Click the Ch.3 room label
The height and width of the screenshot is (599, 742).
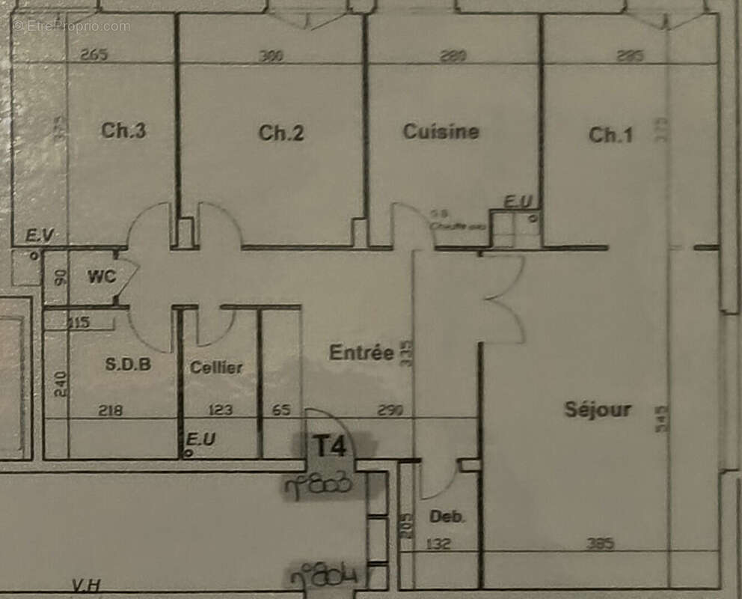point(123,131)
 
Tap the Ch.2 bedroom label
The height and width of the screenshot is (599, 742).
point(281,133)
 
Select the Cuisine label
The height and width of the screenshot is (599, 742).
point(441,132)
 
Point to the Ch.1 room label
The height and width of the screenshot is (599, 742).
point(610,135)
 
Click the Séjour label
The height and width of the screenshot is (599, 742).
point(597,410)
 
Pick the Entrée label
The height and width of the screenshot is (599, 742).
point(361,353)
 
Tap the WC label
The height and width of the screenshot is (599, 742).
point(102,276)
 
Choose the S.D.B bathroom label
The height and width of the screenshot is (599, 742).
point(128,365)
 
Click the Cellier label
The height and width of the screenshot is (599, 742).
point(216,367)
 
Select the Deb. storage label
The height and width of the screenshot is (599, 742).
point(447,517)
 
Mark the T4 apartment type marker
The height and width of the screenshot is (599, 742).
point(329,446)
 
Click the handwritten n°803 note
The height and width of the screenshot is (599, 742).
point(318,487)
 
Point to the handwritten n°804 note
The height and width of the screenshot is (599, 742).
point(323,577)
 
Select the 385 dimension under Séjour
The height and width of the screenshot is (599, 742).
point(601,544)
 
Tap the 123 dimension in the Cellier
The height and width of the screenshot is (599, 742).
point(220,410)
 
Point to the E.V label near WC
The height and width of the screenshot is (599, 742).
point(39,237)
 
